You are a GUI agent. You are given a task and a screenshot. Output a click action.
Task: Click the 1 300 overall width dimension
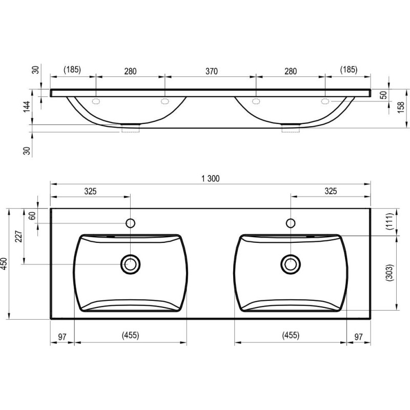pyautogui.click(x=211, y=178)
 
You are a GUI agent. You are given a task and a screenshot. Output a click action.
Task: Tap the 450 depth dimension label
pyautogui.click(x=4, y=264)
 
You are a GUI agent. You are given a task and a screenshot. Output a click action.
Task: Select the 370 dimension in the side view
pyautogui.click(x=211, y=71)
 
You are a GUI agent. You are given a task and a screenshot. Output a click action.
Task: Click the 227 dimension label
pyautogui.click(x=19, y=236)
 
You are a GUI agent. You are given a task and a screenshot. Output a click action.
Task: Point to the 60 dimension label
pyautogui.click(x=32, y=216)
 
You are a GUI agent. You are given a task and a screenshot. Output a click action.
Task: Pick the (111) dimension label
pyautogui.click(x=390, y=221)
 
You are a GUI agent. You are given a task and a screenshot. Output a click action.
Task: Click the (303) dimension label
pyautogui.click(x=390, y=273)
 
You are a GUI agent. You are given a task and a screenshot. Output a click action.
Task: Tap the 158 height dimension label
pyautogui.click(x=401, y=107)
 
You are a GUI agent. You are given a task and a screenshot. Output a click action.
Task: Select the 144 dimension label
pyautogui.click(x=27, y=107)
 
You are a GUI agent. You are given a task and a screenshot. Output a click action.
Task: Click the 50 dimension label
pyautogui.click(x=383, y=95)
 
